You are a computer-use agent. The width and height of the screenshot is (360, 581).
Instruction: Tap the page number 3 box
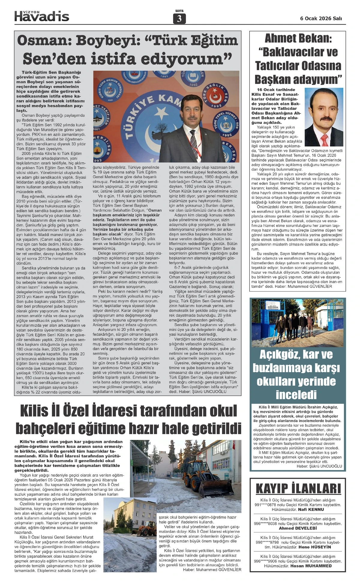pos(179,19)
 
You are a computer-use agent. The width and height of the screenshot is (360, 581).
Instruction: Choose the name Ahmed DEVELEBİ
pos(298,528)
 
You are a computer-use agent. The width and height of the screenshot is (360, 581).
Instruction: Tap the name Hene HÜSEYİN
pos(314,547)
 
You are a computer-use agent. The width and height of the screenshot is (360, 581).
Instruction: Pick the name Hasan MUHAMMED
pos(311,566)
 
